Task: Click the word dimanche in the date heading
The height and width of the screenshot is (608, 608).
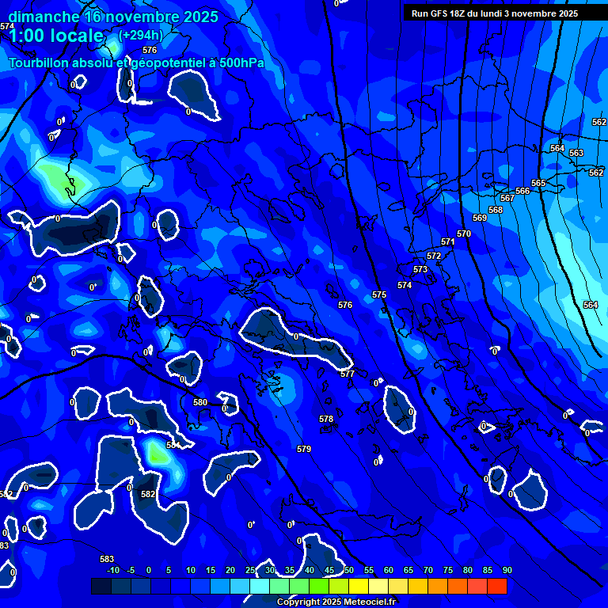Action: (x=43, y=17)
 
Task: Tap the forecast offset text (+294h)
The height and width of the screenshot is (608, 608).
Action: (x=141, y=35)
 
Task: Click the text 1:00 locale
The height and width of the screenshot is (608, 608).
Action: (x=55, y=36)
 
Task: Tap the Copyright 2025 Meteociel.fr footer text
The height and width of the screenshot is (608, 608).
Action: (x=336, y=602)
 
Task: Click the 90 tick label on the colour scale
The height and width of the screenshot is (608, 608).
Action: (x=507, y=570)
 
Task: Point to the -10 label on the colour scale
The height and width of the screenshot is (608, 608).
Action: (x=112, y=570)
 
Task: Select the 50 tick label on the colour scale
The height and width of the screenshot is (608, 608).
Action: (x=348, y=570)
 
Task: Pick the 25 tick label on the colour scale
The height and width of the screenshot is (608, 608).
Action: (x=250, y=570)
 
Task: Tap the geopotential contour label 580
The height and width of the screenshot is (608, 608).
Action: (x=200, y=402)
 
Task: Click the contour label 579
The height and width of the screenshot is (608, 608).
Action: (x=304, y=449)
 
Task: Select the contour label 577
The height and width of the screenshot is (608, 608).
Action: (x=348, y=374)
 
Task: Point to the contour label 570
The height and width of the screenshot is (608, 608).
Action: (x=464, y=234)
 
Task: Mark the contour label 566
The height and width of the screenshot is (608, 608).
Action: (x=522, y=191)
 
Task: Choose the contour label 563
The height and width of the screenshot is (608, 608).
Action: (x=576, y=153)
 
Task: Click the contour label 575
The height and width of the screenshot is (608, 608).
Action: (x=379, y=294)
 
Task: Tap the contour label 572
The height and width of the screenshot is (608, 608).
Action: (x=434, y=256)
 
